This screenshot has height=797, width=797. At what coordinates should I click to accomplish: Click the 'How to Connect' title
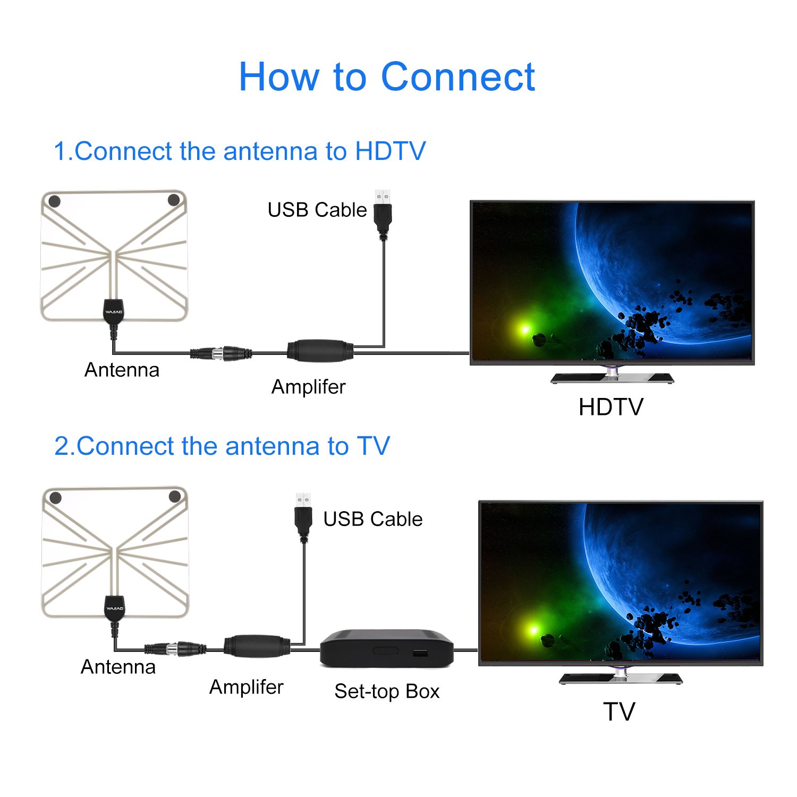386,77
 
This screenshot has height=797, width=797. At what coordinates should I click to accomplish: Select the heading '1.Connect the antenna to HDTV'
240,151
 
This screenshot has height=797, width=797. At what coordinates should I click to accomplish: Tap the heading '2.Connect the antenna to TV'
222,446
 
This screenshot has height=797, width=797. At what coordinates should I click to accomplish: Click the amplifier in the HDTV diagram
320,351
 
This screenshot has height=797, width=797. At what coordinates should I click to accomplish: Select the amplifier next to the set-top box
257,647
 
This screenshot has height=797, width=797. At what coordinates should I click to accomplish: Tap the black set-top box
386,648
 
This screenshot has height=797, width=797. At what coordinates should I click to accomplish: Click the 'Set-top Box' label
387,691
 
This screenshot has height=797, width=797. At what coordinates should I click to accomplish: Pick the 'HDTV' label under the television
611,408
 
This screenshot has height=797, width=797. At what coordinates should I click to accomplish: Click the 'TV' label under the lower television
619,711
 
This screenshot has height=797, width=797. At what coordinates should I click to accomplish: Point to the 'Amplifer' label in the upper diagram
308,387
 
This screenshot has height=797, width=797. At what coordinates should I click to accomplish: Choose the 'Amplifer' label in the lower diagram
246,687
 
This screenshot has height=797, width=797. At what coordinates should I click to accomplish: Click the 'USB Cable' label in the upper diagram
317,210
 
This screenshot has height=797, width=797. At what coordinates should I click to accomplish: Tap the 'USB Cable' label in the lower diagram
373,519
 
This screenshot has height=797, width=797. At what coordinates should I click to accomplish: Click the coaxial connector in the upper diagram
222,353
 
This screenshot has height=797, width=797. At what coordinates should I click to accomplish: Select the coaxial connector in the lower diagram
175,649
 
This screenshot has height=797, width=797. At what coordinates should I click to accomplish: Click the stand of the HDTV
612,376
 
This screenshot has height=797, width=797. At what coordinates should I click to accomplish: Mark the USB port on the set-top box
420,652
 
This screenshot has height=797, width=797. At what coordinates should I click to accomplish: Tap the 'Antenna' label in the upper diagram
122,370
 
